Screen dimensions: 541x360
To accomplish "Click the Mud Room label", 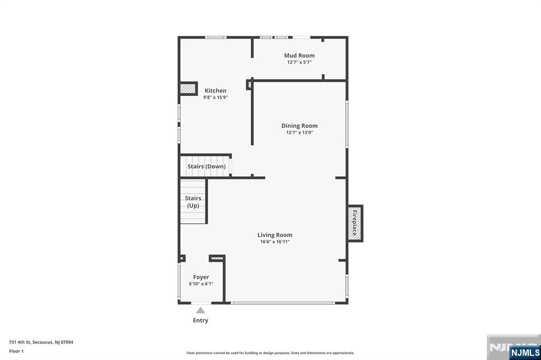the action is (x=299, y=55).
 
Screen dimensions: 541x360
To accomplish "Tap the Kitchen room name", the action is (x=216, y=90).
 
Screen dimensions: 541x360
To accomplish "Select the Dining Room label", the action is (x=300, y=126).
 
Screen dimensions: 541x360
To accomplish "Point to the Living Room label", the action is (x=275, y=235).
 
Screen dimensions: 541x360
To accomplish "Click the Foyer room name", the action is (x=201, y=277).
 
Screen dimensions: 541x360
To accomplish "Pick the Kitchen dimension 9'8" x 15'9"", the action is (x=216, y=98).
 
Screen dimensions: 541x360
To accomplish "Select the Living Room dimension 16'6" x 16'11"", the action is (x=275, y=242).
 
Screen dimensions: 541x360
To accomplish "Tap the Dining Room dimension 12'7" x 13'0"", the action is (x=300, y=132).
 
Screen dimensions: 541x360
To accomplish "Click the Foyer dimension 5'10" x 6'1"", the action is (x=201, y=284).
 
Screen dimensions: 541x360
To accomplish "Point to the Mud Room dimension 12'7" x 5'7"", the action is (x=299, y=62).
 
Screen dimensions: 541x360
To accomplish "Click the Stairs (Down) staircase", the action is (x=206, y=166).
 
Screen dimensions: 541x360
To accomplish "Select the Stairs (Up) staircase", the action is (x=193, y=202).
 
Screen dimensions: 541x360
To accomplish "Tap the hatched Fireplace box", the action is (x=355, y=223).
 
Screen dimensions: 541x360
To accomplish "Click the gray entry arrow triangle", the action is (x=200, y=310).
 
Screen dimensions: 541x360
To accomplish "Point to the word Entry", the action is (x=200, y=320).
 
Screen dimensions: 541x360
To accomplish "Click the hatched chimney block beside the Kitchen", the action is (x=188, y=89).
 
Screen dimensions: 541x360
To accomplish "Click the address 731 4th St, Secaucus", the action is (x=41, y=343).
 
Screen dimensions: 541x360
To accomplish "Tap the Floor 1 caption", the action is (x=16, y=352).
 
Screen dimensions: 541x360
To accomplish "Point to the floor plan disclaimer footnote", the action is (x=270, y=353).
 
